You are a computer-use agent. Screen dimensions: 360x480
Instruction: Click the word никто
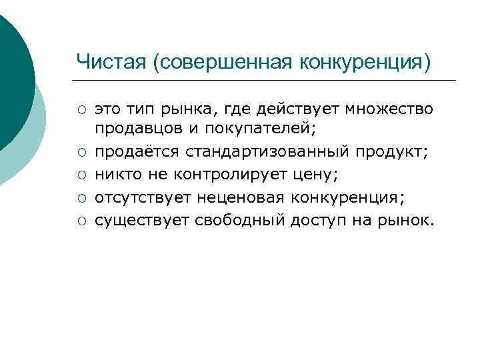pyautogui.click(x=115, y=175)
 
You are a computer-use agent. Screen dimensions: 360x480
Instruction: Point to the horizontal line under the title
pyautogui.click(x=267, y=81)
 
